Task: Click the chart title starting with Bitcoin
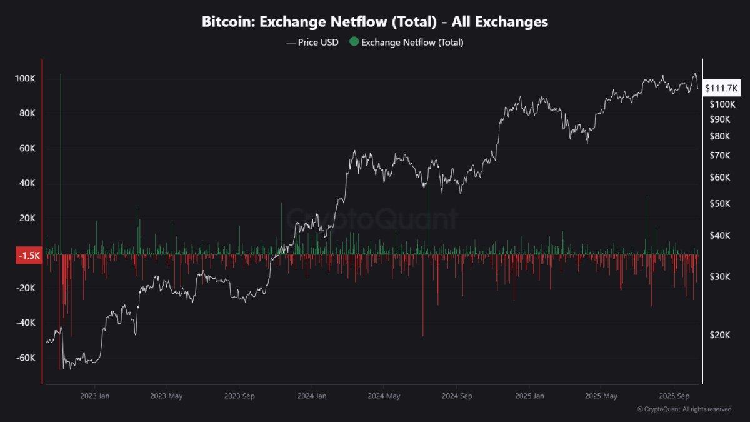pyautogui.click(x=374, y=22)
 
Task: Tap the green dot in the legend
pyautogui.click(x=354, y=43)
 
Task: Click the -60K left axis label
pyautogui.click(x=26, y=358)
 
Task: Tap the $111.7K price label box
pyautogui.click(x=721, y=89)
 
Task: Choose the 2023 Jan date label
pyautogui.click(x=95, y=396)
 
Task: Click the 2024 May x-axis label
pyautogui.click(x=384, y=396)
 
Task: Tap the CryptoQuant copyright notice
pyautogui.click(x=684, y=409)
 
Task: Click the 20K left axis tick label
pyautogui.click(x=28, y=218)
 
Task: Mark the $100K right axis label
pyautogui.click(x=721, y=104)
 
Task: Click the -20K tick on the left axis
pyautogui.click(x=26, y=288)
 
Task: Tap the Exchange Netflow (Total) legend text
pyautogui.click(x=412, y=43)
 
